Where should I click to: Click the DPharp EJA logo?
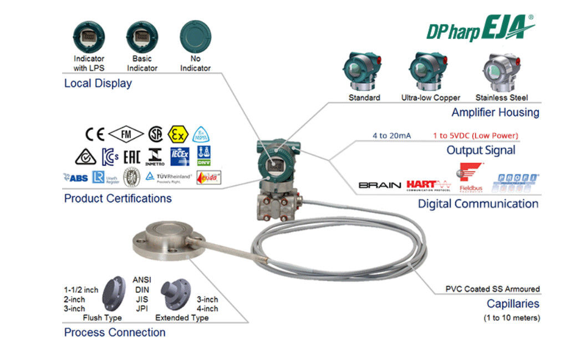point(480,28)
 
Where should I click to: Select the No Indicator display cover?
point(195,37)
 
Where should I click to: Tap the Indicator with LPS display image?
point(89,37)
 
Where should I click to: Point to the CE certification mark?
point(95,134)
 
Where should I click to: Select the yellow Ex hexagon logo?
point(179,134)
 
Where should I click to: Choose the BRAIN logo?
point(380,185)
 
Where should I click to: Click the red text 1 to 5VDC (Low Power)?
point(475,135)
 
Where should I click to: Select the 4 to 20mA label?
point(391,135)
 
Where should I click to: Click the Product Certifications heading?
point(118,198)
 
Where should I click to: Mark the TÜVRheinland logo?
point(169,176)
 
